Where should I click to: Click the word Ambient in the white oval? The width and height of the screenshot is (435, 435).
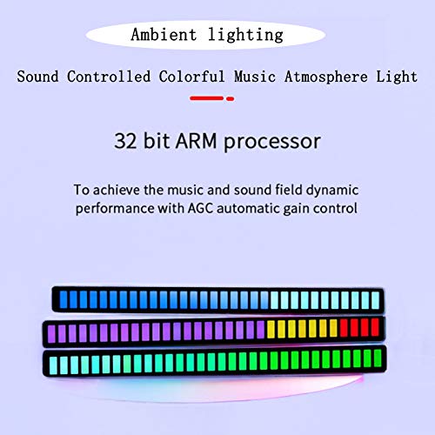[x=164, y=35]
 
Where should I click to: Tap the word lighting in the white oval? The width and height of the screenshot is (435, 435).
[x=245, y=36]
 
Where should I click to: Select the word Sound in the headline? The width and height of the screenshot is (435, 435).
[x=37, y=77]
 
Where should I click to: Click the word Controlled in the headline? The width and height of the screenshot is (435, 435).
[x=109, y=77]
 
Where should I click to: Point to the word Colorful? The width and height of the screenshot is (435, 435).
[x=191, y=77]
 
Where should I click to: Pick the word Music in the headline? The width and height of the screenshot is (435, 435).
[x=255, y=77]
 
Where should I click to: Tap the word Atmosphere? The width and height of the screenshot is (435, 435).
[x=326, y=77]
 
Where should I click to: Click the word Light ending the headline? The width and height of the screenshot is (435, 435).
[x=397, y=77]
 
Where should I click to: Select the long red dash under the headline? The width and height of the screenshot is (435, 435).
[x=207, y=98]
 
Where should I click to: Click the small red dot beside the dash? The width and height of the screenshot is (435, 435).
[x=231, y=99]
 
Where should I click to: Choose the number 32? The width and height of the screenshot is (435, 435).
[x=125, y=141]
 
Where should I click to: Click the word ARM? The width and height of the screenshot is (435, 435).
[x=196, y=141]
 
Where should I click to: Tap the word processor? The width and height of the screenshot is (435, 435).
[x=272, y=143]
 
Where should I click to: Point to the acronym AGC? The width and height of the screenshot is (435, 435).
[x=200, y=208]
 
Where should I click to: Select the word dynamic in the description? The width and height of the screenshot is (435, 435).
[x=332, y=191]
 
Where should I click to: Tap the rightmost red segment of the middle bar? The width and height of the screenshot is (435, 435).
[x=375, y=327]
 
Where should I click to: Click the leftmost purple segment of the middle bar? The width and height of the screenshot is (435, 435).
[x=51, y=333]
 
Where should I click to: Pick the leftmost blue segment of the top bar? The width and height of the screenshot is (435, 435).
[x=64, y=299]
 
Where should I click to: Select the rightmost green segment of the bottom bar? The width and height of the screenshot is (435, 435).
[x=378, y=358]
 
